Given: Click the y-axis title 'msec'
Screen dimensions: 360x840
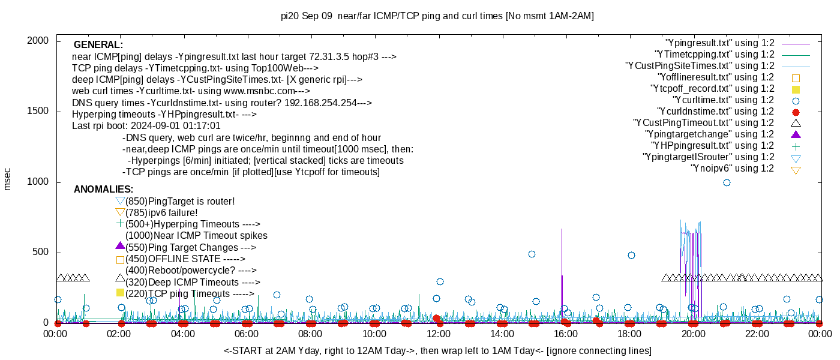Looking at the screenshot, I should [x=7, y=179].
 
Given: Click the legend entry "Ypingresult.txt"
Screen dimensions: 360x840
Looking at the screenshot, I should [x=719, y=43].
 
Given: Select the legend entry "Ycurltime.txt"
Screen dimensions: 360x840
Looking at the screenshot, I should [x=724, y=100].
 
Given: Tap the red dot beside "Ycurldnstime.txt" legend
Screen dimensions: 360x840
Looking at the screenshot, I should [x=796, y=112].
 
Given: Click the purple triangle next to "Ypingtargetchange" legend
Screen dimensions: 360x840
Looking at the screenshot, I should [x=796, y=134].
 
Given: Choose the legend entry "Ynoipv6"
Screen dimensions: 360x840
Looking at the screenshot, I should [x=732, y=169].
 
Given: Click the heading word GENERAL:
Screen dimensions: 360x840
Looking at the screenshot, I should [x=98, y=45].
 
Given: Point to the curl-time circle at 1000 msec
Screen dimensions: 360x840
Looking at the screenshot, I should [x=727, y=182].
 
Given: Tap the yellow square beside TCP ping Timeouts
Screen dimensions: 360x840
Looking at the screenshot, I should [x=120, y=293].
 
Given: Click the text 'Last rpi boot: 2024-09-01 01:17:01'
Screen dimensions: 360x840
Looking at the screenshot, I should [x=146, y=126].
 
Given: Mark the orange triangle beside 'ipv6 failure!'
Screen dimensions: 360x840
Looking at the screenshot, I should [x=120, y=212].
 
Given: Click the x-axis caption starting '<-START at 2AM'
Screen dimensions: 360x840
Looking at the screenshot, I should [x=437, y=350].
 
